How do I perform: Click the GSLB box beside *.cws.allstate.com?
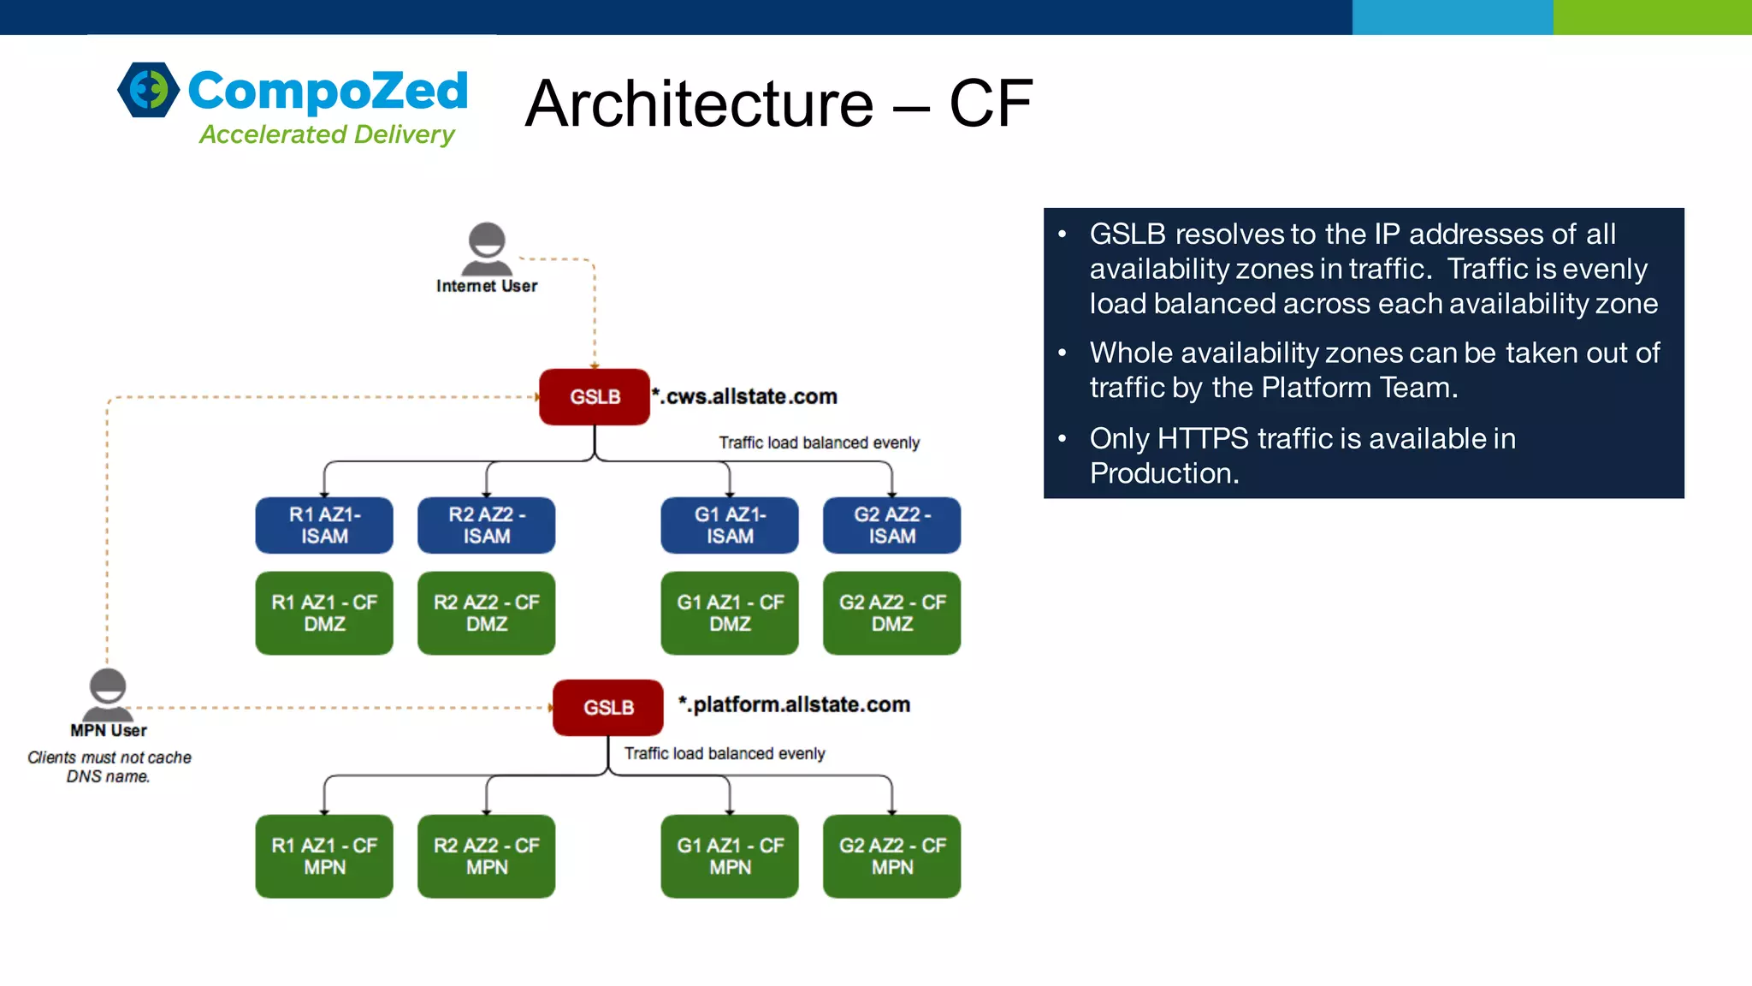point(595,397)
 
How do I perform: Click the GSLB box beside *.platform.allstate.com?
point(608,708)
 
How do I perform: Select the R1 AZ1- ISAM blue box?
point(324,526)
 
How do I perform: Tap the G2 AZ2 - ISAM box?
point(891,526)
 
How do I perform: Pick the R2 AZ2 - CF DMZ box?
point(486,613)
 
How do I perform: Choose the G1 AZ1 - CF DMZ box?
point(730,613)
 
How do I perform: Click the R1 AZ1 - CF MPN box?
point(324,856)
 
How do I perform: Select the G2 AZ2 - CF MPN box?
point(891,856)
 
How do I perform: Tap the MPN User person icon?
point(108,694)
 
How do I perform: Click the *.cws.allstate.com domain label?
point(745,397)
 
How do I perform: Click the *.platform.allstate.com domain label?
point(795,705)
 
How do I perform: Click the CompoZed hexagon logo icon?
point(149,90)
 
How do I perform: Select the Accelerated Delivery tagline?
point(327,134)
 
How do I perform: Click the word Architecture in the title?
point(699,104)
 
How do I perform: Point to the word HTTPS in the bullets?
point(1203,439)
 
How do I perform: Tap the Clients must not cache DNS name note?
point(109,767)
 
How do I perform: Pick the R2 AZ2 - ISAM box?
point(486,526)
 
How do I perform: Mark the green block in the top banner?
point(1652,17)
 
